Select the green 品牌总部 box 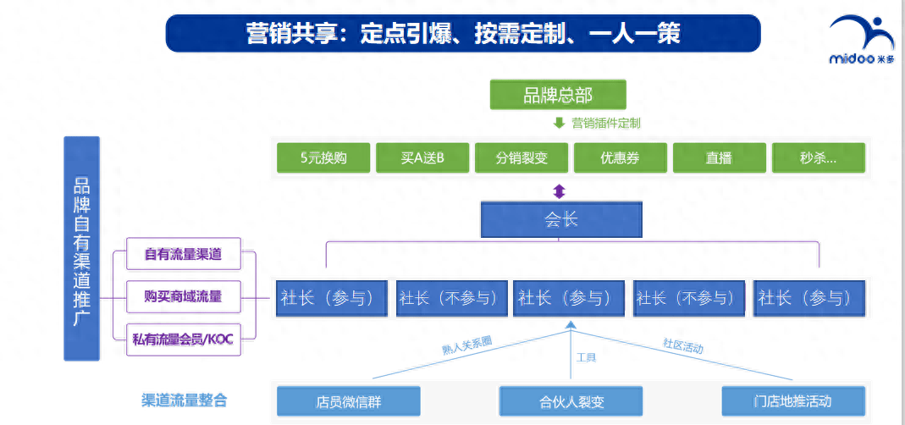pos(558,95)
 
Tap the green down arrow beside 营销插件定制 pos(559,123)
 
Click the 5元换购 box pos(323,157)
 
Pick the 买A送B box pos(422,157)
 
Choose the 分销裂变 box pos(521,157)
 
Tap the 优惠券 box pos(620,157)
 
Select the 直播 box pos(719,157)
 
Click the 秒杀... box pos(818,157)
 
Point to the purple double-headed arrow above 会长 pos(559,191)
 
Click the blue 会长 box pos(560,219)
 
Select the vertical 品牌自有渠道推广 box pos(81,248)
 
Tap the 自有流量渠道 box pos(182,254)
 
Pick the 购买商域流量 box pos(182,296)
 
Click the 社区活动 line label pos(682,346)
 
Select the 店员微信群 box pos(348,401)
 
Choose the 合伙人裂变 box pos(571,401)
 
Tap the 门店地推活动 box pos(794,401)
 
